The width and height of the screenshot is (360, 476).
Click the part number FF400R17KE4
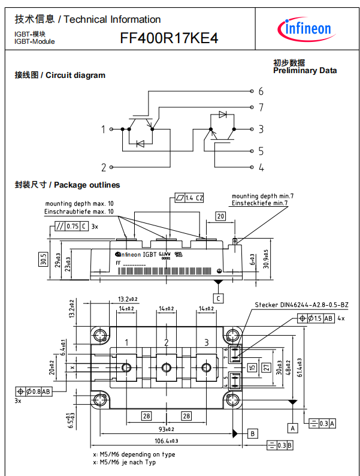(x=169, y=39)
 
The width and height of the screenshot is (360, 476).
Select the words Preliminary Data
(x=304, y=71)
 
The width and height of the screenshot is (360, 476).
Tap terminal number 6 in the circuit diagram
(x=261, y=92)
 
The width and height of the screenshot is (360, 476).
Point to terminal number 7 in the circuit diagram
(x=261, y=108)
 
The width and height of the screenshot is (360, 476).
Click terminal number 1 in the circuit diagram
(x=103, y=129)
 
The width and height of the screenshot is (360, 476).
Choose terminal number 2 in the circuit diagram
(x=103, y=167)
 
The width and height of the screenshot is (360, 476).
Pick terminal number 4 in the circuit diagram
(x=261, y=168)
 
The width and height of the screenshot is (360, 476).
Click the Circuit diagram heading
(x=60, y=76)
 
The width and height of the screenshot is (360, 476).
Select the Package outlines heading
(x=67, y=185)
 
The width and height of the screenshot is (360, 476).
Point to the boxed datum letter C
(x=219, y=298)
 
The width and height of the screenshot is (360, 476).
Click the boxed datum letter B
(x=253, y=433)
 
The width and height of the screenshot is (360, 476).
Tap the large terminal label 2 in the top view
(x=166, y=342)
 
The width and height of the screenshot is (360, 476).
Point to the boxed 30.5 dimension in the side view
(x=43, y=260)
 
